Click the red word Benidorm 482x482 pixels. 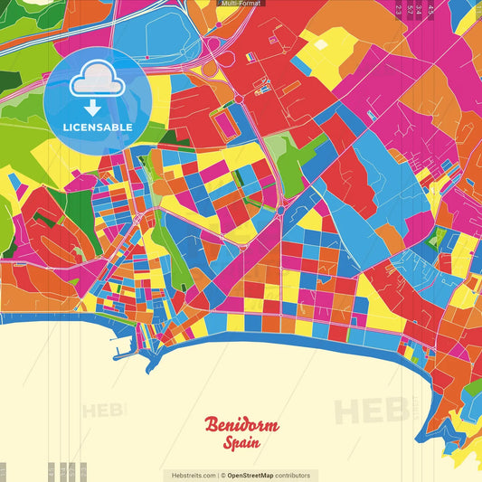(241, 425)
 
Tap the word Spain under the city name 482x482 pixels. (241, 443)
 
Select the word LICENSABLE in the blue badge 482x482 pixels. (98, 127)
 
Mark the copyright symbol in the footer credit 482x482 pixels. (222, 475)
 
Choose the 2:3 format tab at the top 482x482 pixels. (399, 10)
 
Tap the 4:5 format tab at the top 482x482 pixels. (431, 10)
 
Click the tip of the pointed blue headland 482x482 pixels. (146, 372)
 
